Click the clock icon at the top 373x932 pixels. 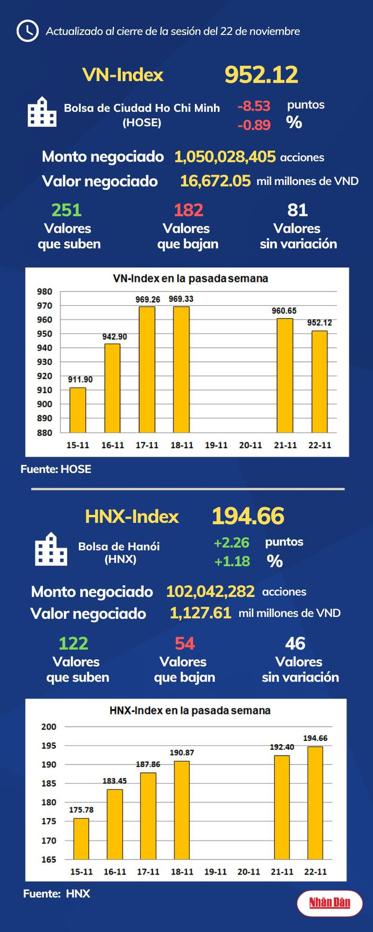(x=27, y=31)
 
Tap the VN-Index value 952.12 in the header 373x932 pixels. (x=261, y=75)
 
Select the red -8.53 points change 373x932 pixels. (x=254, y=106)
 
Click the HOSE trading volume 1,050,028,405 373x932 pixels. (x=225, y=157)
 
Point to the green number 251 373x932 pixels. (x=66, y=210)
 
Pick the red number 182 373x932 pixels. (x=188, y=210)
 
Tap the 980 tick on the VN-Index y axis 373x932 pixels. (x=45, y=292)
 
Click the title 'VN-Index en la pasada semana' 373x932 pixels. (x=190, y=278)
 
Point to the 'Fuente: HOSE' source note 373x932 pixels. (x=56, y=469)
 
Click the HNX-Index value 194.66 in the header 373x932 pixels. (x=248, y=516)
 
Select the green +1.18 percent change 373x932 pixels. (x=232, y=562)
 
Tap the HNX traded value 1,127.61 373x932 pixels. (x=200, y=613)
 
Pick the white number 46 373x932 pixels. (x=295, y=643)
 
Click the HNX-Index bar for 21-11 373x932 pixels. (x=282, y=807)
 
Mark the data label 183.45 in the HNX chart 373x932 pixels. (x=115, y=781)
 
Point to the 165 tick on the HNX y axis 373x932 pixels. (x=49, y=859)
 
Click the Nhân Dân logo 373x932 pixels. (x=330, y=902)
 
